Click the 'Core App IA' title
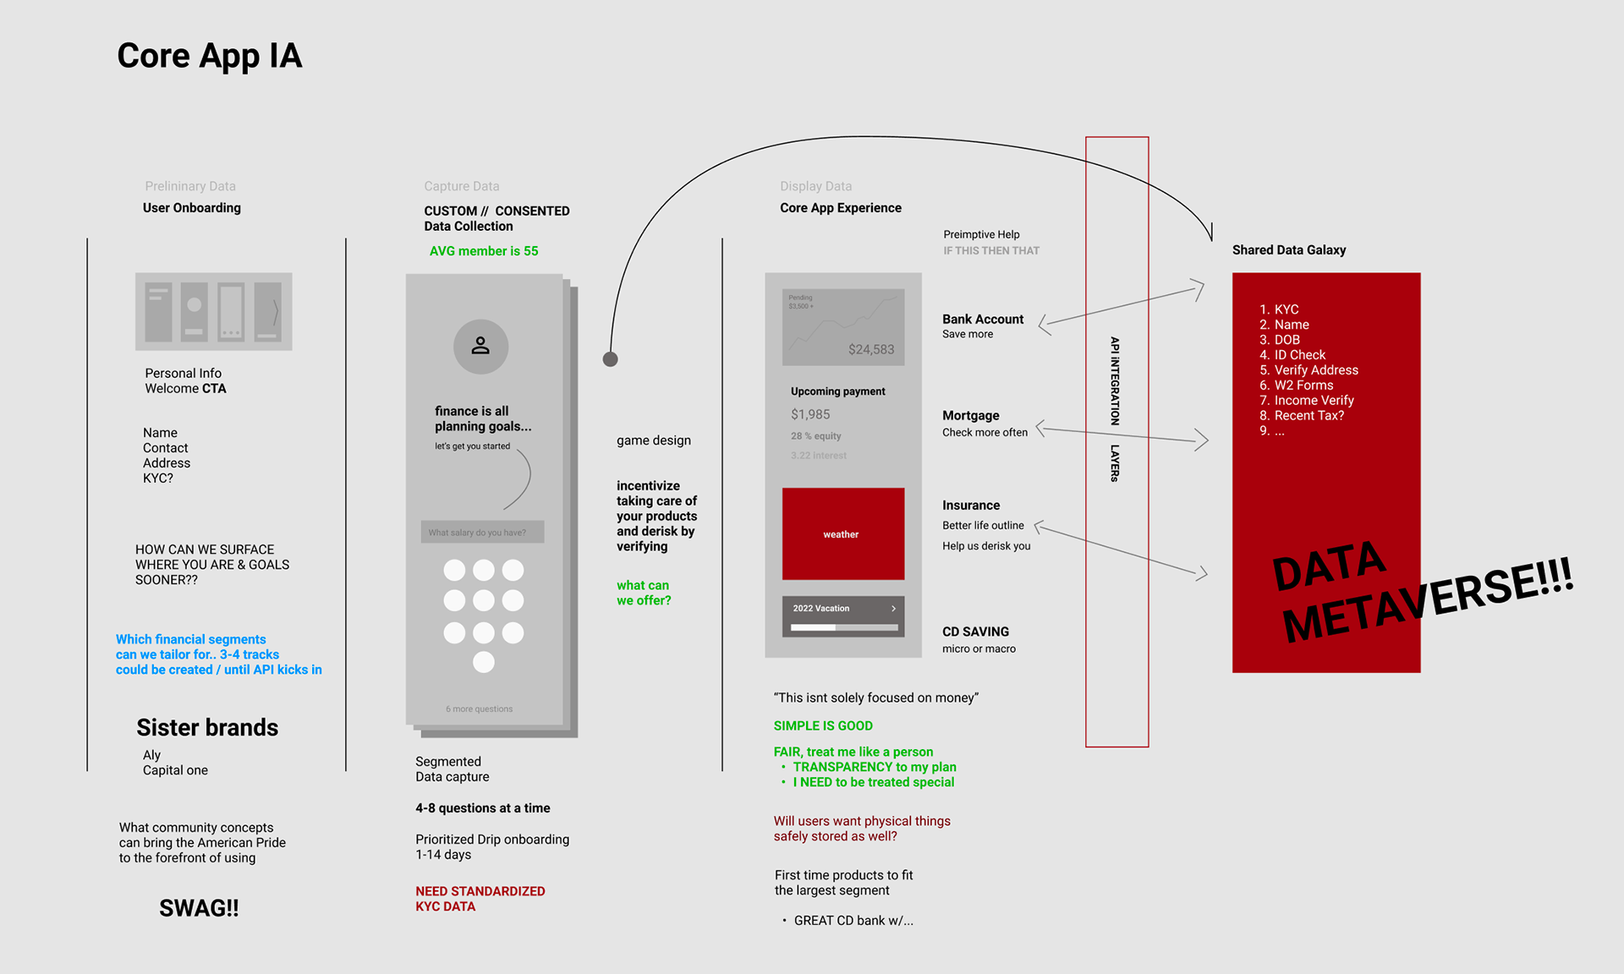pyautogui.click(x=209, y=57)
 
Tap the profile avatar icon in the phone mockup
pyautogui.click(x=480, y=346)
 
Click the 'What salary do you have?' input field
pyautogui.click(x=482, y=532)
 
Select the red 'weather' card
pyautogui.click(x=842, y=534)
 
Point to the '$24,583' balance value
pyautogui.click(x=870, y=349)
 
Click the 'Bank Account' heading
pyautogui.click(x=982, y=320)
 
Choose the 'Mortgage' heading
pyautogui.click(x=970, y=415)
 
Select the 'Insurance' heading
pyautogui.click(x=970, y=505)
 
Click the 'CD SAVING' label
pyautogui.click(x=975, y=632)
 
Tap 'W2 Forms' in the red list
pyautogui.click(x=1303, y=386)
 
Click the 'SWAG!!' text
pyautogui.click(x=199, y=908)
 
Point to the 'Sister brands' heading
pyautogui.click(x=207, y=727)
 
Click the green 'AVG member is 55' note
pyautogui.click(x=483, y=251)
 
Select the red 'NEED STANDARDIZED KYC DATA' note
pyautogui.click(x=480, y=899)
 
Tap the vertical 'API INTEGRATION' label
pyautogui.click(x=1115, y=380)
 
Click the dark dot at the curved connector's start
pyautogui.click(x=610, y=359)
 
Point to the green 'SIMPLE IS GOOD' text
pyautogui.click(x=822, y=725)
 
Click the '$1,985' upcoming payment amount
pyautogui.click(x=809, y=414)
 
